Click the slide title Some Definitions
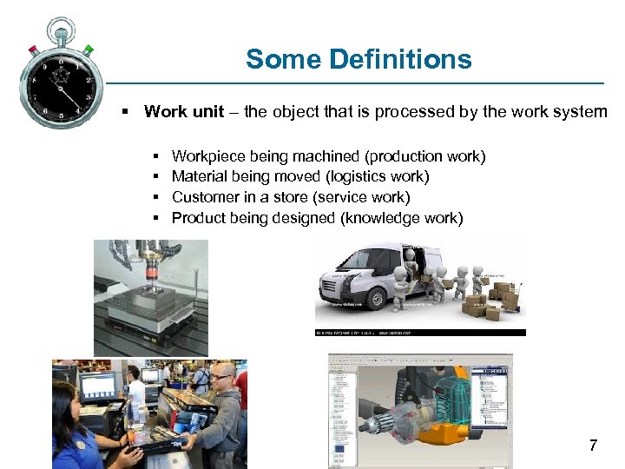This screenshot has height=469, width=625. [x=359, y=59]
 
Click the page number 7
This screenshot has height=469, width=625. [x=593, y=446]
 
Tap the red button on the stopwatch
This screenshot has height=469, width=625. [x=31, y=50]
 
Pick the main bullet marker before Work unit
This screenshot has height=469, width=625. [x=126, y=112]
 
